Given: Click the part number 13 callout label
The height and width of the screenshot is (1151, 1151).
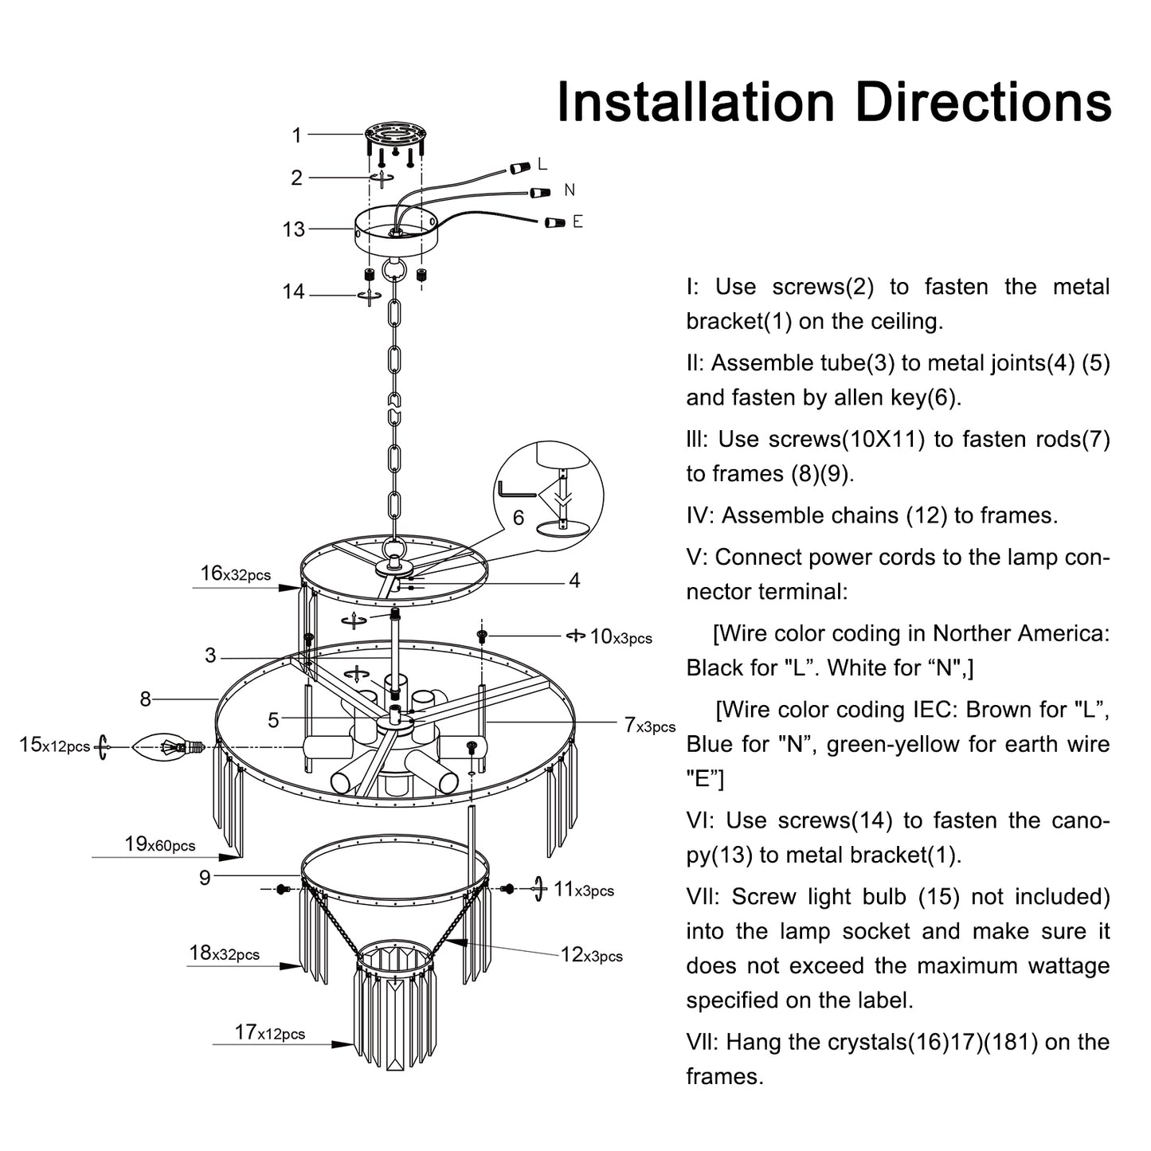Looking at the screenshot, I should (x=293, y=229).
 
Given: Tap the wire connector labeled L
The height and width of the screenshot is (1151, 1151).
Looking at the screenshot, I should (x=520, y=168).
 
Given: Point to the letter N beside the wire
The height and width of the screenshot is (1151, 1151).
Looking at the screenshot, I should (x=569, y=190).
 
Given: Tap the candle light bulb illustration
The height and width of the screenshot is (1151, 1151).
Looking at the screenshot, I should (x=166, y=746).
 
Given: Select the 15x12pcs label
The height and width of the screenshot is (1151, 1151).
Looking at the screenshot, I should (x=54, y=746).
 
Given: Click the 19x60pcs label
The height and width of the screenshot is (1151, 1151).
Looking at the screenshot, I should (x=159, y=844).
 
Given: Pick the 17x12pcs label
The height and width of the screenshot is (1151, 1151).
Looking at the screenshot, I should (x=269, y=1033).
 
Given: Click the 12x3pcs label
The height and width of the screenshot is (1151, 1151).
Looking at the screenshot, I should (x=591, y=954).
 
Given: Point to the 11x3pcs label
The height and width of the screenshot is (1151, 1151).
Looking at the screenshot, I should (x=584, y=890).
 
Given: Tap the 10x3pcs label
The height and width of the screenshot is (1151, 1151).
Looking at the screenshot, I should (x=621, y=636).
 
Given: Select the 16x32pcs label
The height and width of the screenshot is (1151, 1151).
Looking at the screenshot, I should (x=235, y=574).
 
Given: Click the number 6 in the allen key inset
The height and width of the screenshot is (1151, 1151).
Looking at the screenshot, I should (x=518, y=518).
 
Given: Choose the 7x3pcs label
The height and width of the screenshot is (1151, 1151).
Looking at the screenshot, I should (x=649, y=726).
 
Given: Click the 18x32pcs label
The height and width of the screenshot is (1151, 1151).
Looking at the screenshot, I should (x=224, y=953).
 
